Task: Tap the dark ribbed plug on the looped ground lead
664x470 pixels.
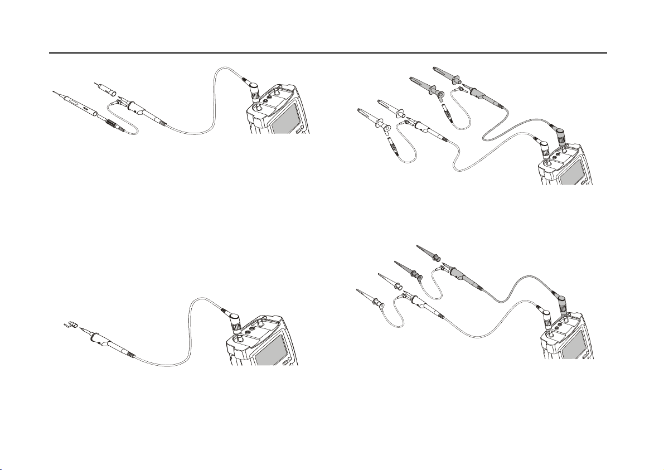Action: coord(115,125)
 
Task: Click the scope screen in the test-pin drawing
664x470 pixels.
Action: coord(287,120)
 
